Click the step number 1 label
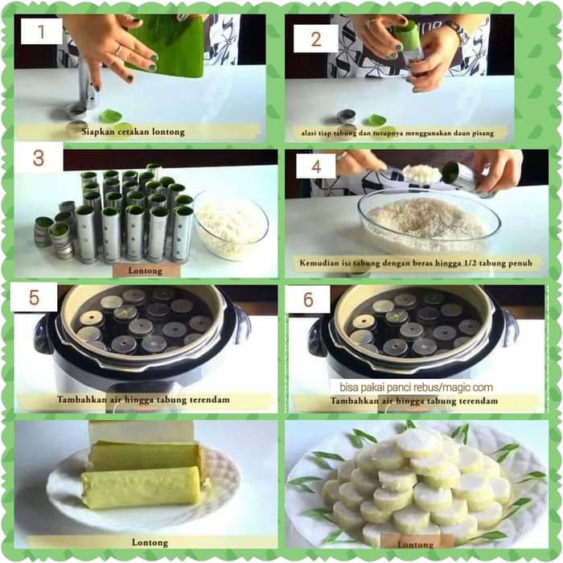point(41,31)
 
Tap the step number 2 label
point(316,39)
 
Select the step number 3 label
point(39,158)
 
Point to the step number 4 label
point(316,166)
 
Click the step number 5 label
point(34,298)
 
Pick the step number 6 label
point(308,299)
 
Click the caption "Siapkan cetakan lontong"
point(133,132)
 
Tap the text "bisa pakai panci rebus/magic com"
point(416,388)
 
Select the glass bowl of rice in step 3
point(231,225)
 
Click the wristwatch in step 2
point(458,31)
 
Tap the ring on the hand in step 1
point(119,51)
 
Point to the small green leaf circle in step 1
point(111,117)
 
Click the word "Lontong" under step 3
point(145,271)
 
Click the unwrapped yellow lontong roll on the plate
point(141,487)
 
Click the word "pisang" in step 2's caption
point(482,134)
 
